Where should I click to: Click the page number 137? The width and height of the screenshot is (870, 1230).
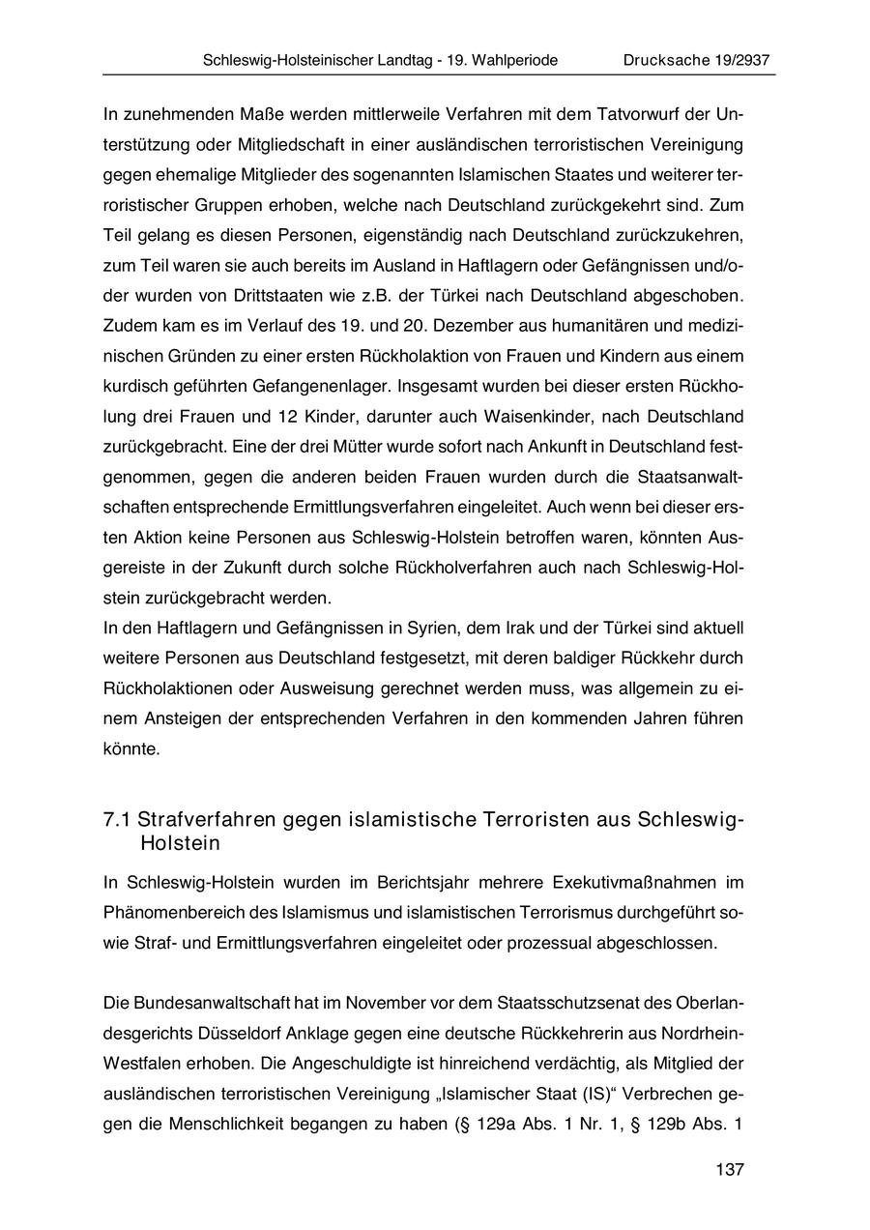[x=730, y=1170]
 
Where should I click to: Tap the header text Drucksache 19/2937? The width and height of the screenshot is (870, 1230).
[x=696, y=60]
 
